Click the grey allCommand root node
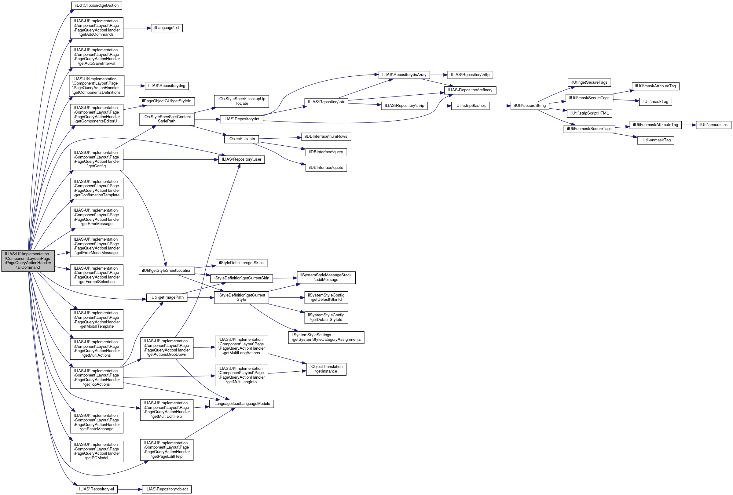point(28,261)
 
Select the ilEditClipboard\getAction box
point(97,6)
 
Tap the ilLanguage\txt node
point(167,28)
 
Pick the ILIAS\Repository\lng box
point(167,86)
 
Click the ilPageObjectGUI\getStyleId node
point(167,101)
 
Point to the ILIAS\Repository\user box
point(241,159)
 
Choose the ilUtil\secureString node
point(530,106)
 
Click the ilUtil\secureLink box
point(713,125)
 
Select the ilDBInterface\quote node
point(326,168)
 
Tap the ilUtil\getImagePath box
point(167,297)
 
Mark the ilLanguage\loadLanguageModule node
point(241,404)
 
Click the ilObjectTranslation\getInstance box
point(326,369)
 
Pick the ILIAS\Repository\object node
point(167,489)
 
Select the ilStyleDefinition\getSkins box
point(241,263)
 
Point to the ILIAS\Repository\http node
point(470,75)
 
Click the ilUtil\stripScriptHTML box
point(589,114)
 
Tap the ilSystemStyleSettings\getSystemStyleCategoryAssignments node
point(326,337)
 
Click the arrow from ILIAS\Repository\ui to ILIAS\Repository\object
point(130,489)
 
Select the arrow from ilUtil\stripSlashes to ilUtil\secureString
point(500,106)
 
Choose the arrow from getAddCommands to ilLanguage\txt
point(137,28)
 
